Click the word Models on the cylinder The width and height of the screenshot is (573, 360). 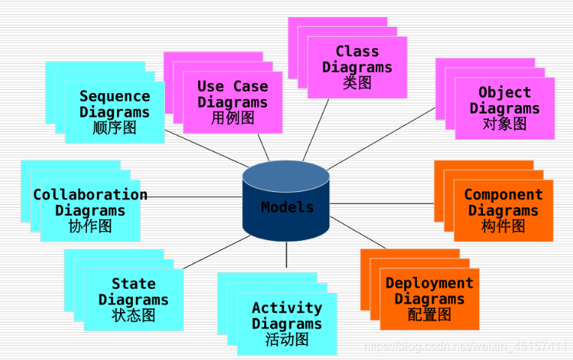tap(287, 208)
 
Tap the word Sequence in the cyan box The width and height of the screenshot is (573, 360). tap(115, 96)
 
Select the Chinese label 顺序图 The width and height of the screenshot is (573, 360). tap(115, 127)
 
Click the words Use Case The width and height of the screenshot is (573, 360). tap(232, 86)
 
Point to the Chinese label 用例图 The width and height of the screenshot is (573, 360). tap(232, 118)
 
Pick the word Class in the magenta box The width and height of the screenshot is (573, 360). tap(357, 52)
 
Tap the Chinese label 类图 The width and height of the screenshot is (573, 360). tap(357, 83)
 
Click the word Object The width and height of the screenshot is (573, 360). tap(505, 93)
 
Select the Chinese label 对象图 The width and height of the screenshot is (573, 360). tap(505, 124)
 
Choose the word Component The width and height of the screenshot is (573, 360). tap(503, 195)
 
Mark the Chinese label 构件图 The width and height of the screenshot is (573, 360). tap(503, 226)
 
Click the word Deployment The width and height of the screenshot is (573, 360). tap(430, 283)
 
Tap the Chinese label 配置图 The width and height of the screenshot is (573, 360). tap(430, 314)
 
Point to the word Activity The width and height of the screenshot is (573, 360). tap(287, 308)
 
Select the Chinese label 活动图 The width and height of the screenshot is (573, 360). tap(287, 339)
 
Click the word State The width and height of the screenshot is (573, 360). tap(133, 284)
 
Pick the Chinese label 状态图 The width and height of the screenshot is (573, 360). tap(133, 315)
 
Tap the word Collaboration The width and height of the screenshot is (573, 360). tap(90, 195)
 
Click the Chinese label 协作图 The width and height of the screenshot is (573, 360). tap(90, 226)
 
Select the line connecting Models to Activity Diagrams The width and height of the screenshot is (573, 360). tap(286, 255)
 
